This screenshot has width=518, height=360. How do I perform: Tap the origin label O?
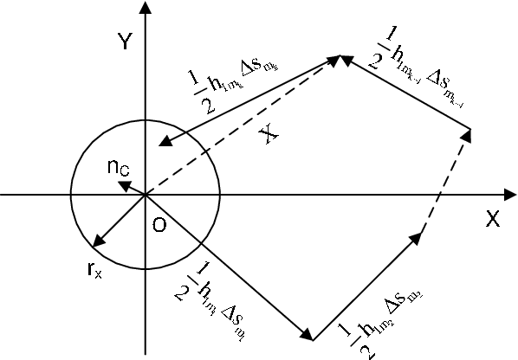[159, 226]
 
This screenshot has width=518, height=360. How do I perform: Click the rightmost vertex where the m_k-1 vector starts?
[471, 132]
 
